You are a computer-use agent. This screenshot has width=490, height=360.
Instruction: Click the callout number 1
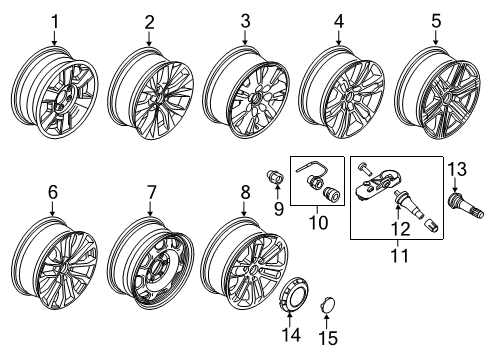[x=55, y=20]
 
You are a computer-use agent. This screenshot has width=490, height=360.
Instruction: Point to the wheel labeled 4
[x=340, y=98]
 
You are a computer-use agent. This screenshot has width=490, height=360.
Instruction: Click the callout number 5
[x=435, y=20]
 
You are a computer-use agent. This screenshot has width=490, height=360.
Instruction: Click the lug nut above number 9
[x=271, y=179]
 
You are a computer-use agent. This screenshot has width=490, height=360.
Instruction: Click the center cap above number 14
[x=293, y=303]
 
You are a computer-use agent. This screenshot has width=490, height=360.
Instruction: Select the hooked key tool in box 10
[x=314, y=172]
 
